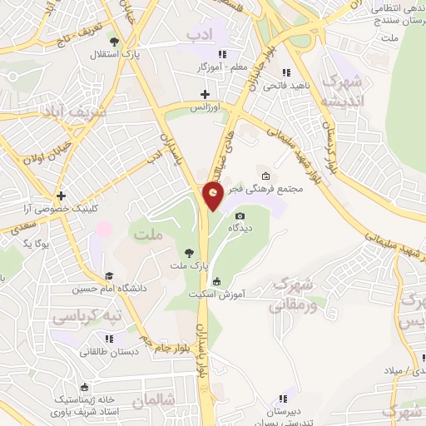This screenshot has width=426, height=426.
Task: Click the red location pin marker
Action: tap(213, 195)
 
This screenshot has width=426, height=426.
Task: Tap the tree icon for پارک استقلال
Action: tap(114, 42)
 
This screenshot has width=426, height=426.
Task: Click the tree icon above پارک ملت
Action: tap(190, 251)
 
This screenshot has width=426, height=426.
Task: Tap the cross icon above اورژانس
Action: tap(205, 95)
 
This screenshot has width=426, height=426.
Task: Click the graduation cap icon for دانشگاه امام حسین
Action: tap(109, 275)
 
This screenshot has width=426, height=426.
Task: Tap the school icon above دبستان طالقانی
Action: tap(109, 339)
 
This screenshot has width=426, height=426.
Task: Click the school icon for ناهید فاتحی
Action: tap(289, 72)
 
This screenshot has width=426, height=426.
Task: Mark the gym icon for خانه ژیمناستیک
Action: tap(84, 386)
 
